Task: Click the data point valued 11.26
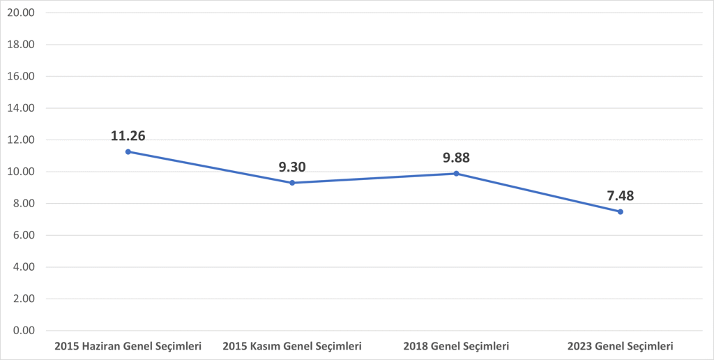click(x=128, y=151)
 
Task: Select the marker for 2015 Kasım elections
click(x=292, y=183)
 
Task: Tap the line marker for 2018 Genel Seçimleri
click(x=456, y=173)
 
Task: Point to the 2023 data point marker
click(x=620, y=211)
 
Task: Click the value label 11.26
click(x=128, y=135)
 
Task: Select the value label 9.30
click(x=292, y=167)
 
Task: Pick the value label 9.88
click(x=456, y=158)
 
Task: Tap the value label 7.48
click(x=620, y=196)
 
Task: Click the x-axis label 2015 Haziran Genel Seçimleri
click(x=128, y=346)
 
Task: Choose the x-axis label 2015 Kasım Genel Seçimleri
click(x=292, y=346)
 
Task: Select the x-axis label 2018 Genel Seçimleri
click(x=456, y=346)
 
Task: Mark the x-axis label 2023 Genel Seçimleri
click(x=620, y=346)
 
